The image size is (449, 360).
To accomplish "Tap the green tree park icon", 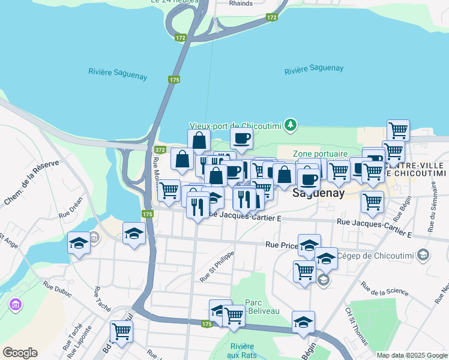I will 291,124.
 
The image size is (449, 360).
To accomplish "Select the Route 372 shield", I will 160,149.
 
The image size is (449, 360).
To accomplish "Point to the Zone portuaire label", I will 321,154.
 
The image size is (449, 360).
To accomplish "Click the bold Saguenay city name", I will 318,194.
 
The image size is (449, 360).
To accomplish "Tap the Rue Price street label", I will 282,245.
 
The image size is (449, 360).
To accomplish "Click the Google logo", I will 20,353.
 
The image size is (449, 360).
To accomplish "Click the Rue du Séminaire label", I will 432,213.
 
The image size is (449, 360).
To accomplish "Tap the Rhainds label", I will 241,3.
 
